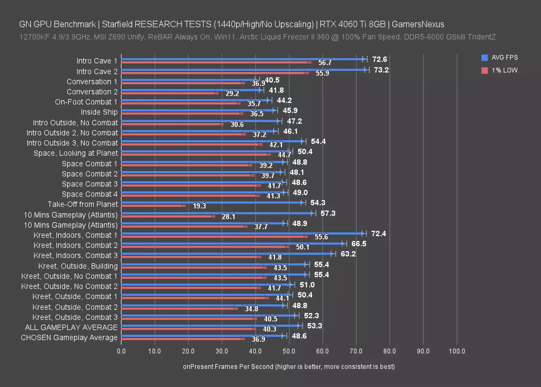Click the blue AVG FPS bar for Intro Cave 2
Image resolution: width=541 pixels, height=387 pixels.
(243, 69)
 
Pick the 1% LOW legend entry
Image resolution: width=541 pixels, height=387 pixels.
(500, 70)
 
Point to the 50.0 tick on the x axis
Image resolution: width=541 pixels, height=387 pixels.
(289, 351)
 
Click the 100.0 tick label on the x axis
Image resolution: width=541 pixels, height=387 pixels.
(457, 351)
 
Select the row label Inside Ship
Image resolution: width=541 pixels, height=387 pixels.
(99, 112)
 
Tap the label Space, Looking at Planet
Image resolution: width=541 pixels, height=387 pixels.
(76, 153)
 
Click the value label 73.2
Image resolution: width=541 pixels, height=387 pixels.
(381, 70)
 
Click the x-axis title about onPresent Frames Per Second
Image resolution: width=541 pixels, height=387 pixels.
(289, 367)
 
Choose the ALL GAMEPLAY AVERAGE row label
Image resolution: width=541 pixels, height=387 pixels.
(71, 327)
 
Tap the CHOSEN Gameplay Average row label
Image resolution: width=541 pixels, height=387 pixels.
(69, 338)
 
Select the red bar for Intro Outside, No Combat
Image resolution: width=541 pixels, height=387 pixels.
(172, 124)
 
